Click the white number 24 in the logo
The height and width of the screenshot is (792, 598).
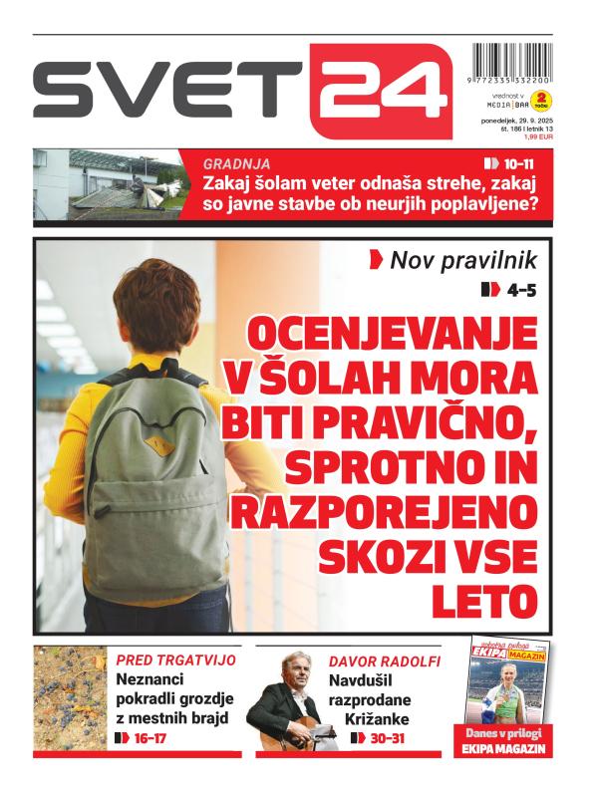[x=381, y=90]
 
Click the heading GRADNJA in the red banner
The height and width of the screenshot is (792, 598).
[x=236, y=163]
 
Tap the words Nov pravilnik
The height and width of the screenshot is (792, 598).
[x=463, y=261]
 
